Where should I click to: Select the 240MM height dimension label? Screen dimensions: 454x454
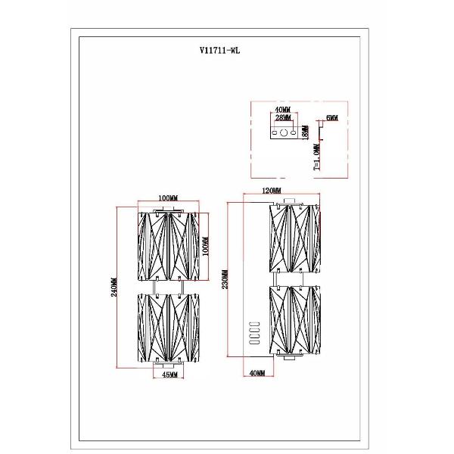pyautogui.click(x=113, y=286)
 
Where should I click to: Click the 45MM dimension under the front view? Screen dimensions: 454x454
pyautogui.click(x=170, y=375)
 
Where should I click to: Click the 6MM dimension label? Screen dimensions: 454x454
pyautogui.click(x=331, y=119)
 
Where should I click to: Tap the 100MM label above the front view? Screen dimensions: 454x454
pyautogui.click(x=169, y=198)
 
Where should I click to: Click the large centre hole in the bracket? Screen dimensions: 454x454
pyautogui.click(x=284, y=133)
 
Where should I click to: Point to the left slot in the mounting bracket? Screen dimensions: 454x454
pyautogui.click(x=274, y=133)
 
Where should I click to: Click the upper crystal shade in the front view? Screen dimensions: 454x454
pyautogui.click(x=167, y=244)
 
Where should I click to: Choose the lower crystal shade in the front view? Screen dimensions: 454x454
pyautogui.click(x=167, y=328)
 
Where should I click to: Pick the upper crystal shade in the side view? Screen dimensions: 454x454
pyautogui.click(x=294, y=239)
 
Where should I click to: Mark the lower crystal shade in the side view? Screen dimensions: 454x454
pyautogui.click(x=294, y=318)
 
